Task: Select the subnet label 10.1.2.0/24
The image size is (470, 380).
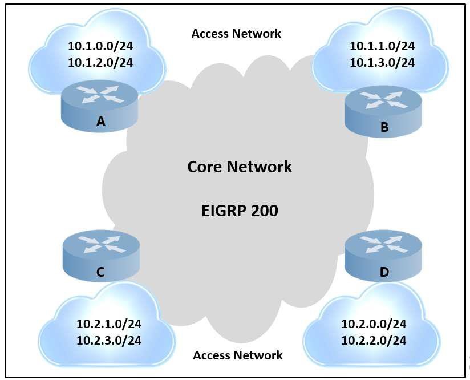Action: pos(100,62)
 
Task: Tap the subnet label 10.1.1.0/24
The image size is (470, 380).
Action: pos(382,46)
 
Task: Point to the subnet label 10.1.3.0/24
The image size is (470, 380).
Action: pos(382,62)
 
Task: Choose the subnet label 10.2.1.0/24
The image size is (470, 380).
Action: pos(109,324)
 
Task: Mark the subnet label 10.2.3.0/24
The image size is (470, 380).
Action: pos(109,341)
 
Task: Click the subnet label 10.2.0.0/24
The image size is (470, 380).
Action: pos(374,324)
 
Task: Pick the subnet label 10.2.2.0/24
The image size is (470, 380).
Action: pos(374,341)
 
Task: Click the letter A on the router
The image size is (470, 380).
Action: pos(101,121)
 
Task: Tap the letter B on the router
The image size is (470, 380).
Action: pos(384,127)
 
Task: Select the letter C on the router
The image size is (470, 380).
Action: pos(100,273)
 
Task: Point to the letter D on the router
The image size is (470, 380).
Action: pos(384,273)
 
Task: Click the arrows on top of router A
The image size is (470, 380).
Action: pos(100,94)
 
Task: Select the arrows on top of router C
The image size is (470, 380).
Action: pos(100,244)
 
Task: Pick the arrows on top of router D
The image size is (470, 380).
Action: pos(384,244)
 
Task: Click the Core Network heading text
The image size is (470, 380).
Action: pos(240,167)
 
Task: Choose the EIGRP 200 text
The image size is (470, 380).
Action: pos(240,211)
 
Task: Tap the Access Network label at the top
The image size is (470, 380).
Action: pos(236,34)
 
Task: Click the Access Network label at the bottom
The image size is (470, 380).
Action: pos(238,355)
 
